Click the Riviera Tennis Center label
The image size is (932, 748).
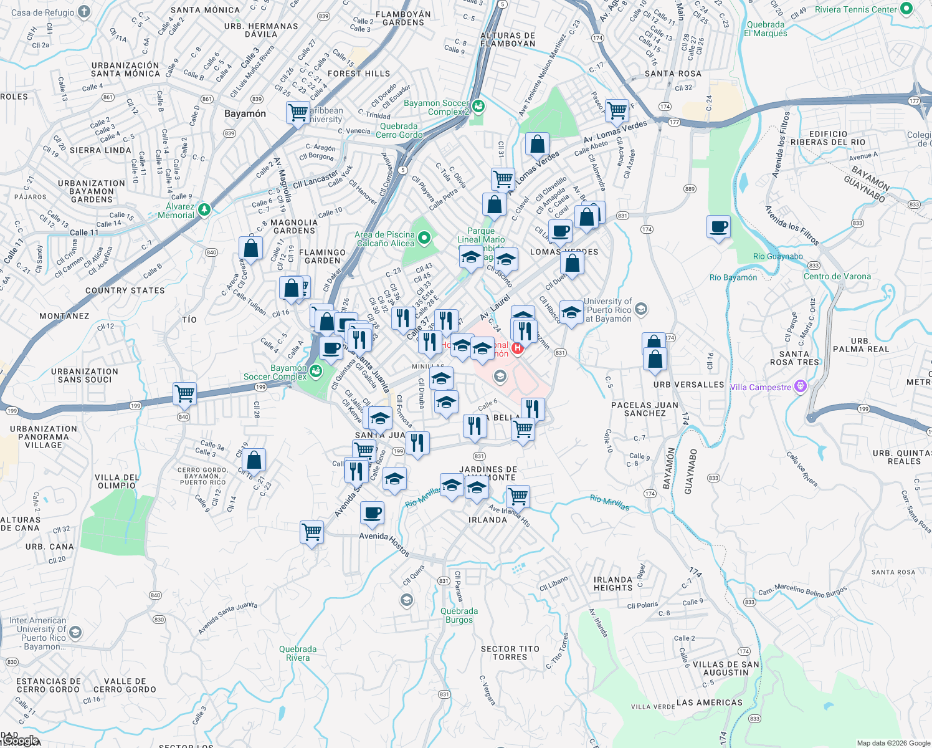click(x=856, y=9)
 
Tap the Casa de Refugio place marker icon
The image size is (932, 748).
click(x=84, y=12)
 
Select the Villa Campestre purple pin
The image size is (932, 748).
click(x=801, y=387)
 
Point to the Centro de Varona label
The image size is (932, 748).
click(x=837, y=276)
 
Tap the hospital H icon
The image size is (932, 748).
click(x=517, y=348)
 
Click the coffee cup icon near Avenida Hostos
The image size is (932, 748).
click(x=372, y=514)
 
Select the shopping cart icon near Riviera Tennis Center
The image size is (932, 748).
click(x=617, y=111)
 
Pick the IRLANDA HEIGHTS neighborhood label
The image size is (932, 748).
click(x=613, y=583)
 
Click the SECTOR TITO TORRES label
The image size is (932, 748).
click(x=510, y=653)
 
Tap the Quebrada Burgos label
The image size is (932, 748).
click(x=459, y=615)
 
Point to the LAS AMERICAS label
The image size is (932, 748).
click(x=709, y=702)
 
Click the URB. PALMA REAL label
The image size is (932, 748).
click(x=860, y=345)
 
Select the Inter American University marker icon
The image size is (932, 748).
click(x=75, y=633)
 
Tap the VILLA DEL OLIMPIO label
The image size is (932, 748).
click(x=117, y=481)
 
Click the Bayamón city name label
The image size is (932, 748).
click(x=245, y=113)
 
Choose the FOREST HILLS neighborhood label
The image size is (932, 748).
click(x=359, y=74)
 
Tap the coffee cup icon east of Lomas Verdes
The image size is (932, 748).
click(x=718, y=227)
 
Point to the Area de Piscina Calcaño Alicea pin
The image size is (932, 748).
click(x=424, y=237)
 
